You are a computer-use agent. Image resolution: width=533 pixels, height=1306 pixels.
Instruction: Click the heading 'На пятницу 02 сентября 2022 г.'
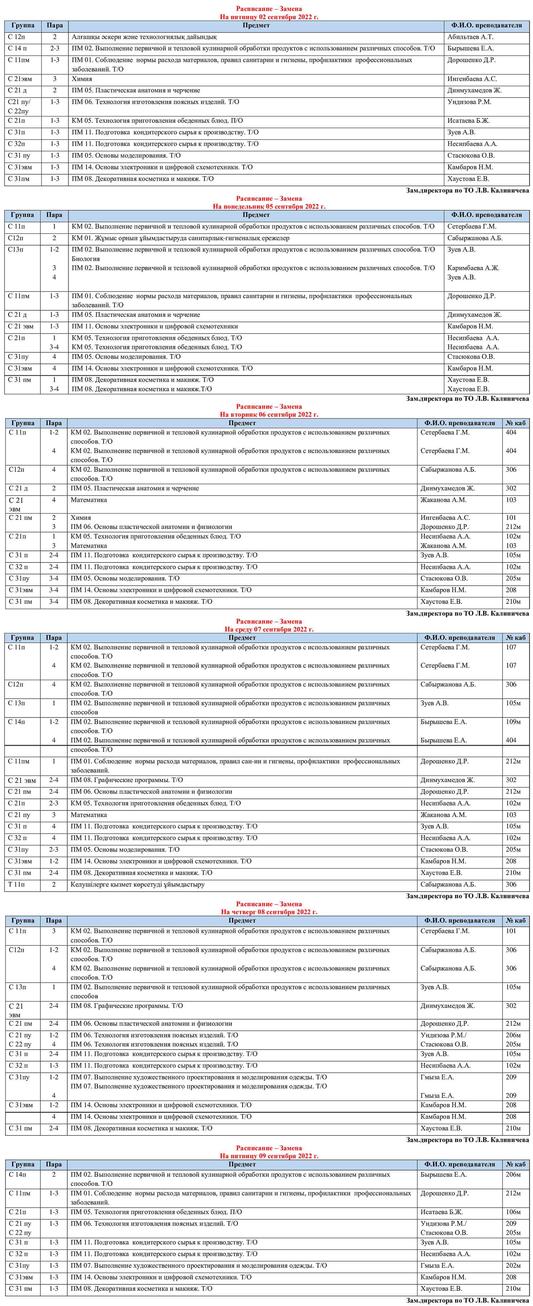(x=269, y=17)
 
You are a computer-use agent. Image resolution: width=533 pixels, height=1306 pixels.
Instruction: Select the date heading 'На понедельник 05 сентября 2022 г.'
(x=269, y=206)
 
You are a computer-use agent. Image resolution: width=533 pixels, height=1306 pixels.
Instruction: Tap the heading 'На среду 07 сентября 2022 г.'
(x=269, y=629)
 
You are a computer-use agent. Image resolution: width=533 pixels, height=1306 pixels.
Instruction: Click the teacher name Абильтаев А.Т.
(x=470, y=37)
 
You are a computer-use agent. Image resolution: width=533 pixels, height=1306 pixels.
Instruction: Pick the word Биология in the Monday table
(x=86, y=259)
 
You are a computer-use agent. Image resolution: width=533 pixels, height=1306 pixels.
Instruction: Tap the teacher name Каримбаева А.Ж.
(x=473, y=268)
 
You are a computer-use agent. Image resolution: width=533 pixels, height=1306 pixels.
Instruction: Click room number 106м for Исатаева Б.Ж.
(x=513, y=1212)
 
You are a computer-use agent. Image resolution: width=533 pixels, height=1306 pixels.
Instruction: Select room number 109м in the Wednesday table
(x=513, y=722)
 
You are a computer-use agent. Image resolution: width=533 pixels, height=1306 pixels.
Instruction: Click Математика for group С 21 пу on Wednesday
(x=89, y=815)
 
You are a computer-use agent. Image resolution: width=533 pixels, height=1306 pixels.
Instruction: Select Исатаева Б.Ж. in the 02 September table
(x=468, y=121)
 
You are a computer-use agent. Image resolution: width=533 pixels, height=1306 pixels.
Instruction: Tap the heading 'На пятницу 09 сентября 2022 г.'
(x=269, y=1156)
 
